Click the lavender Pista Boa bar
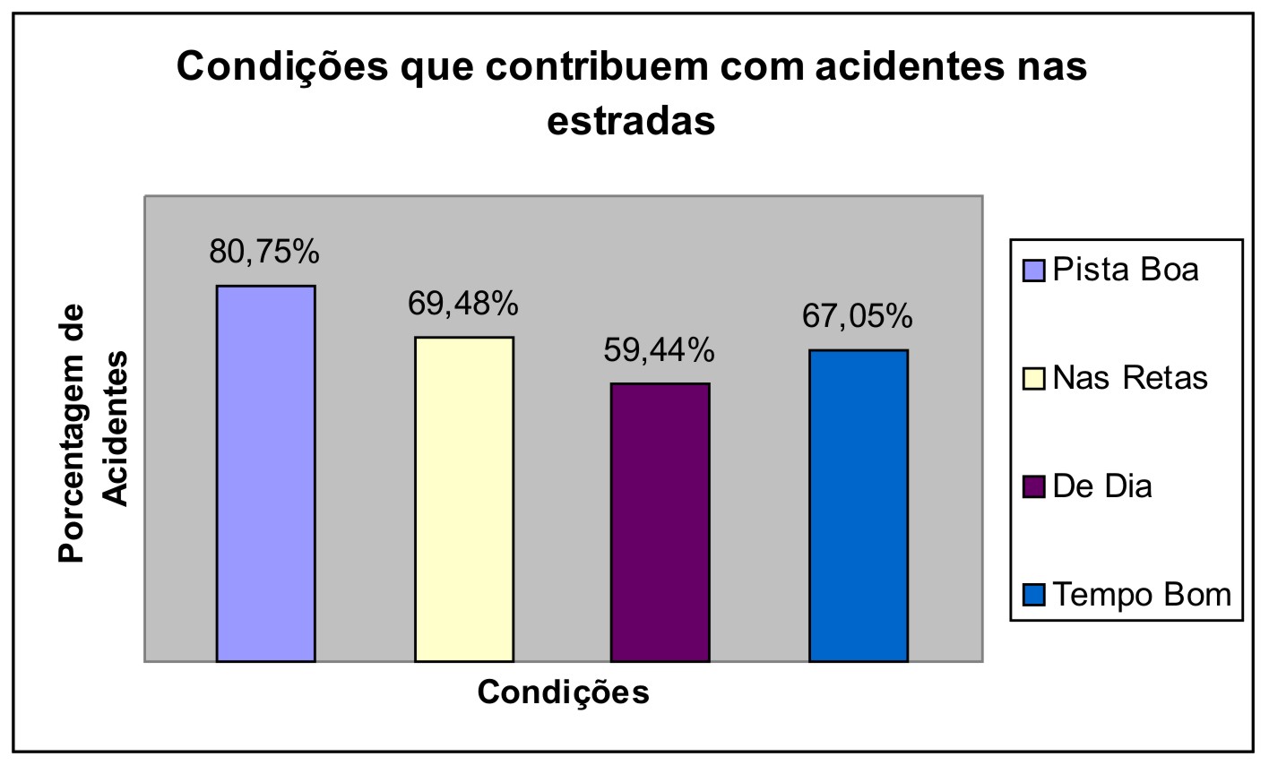(265, 473)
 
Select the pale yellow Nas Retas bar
(463, 499)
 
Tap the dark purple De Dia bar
(660, 522)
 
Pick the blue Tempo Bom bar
(858, 505)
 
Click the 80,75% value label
(264, 253)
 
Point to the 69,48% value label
(463, 305)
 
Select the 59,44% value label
(659, 350)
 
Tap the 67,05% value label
(857, 316)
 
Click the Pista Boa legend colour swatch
(1034, 270)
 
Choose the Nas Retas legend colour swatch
(1034, 379)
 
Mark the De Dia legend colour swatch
(1034, 487)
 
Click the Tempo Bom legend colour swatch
(1034, 596)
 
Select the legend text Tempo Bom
(1142, 594)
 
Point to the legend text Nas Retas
(1130, 378)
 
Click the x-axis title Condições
(563, 692)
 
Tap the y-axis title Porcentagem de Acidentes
(93, 433)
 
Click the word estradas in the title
(631, 121)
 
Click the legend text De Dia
(1102, 486)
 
